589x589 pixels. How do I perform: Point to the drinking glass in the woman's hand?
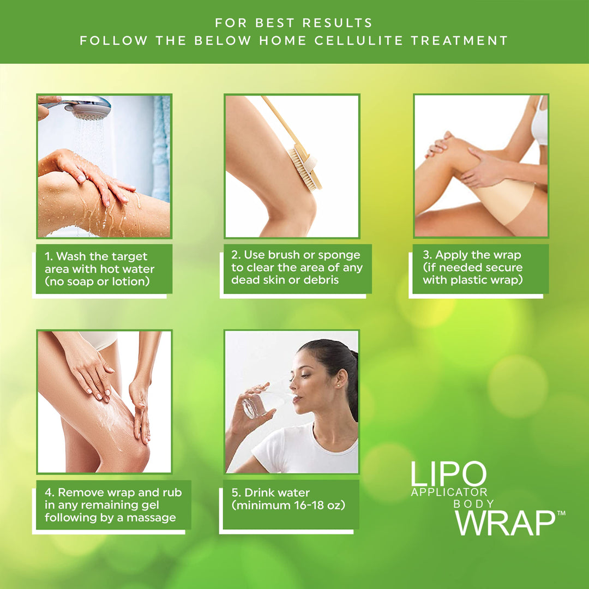coord(256,405)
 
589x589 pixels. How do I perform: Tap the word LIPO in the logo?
coord(448,474)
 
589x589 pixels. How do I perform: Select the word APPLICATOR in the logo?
coord(449,492)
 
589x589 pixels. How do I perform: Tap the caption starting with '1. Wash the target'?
coord(104,269)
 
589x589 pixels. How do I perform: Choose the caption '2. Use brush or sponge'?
coord(297,267)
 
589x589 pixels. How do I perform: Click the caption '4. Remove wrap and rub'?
coord(113,504)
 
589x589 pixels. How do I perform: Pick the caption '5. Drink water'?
coord(289,499)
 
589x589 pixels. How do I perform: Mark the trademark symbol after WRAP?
coord(561,513)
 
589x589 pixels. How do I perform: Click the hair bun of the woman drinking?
coord(352,359)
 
